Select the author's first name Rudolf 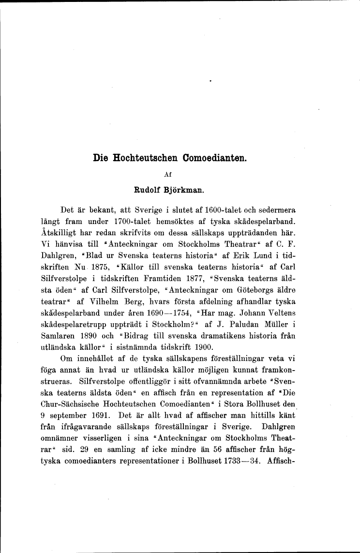click(150, 189)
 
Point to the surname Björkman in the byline click(185, 189)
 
